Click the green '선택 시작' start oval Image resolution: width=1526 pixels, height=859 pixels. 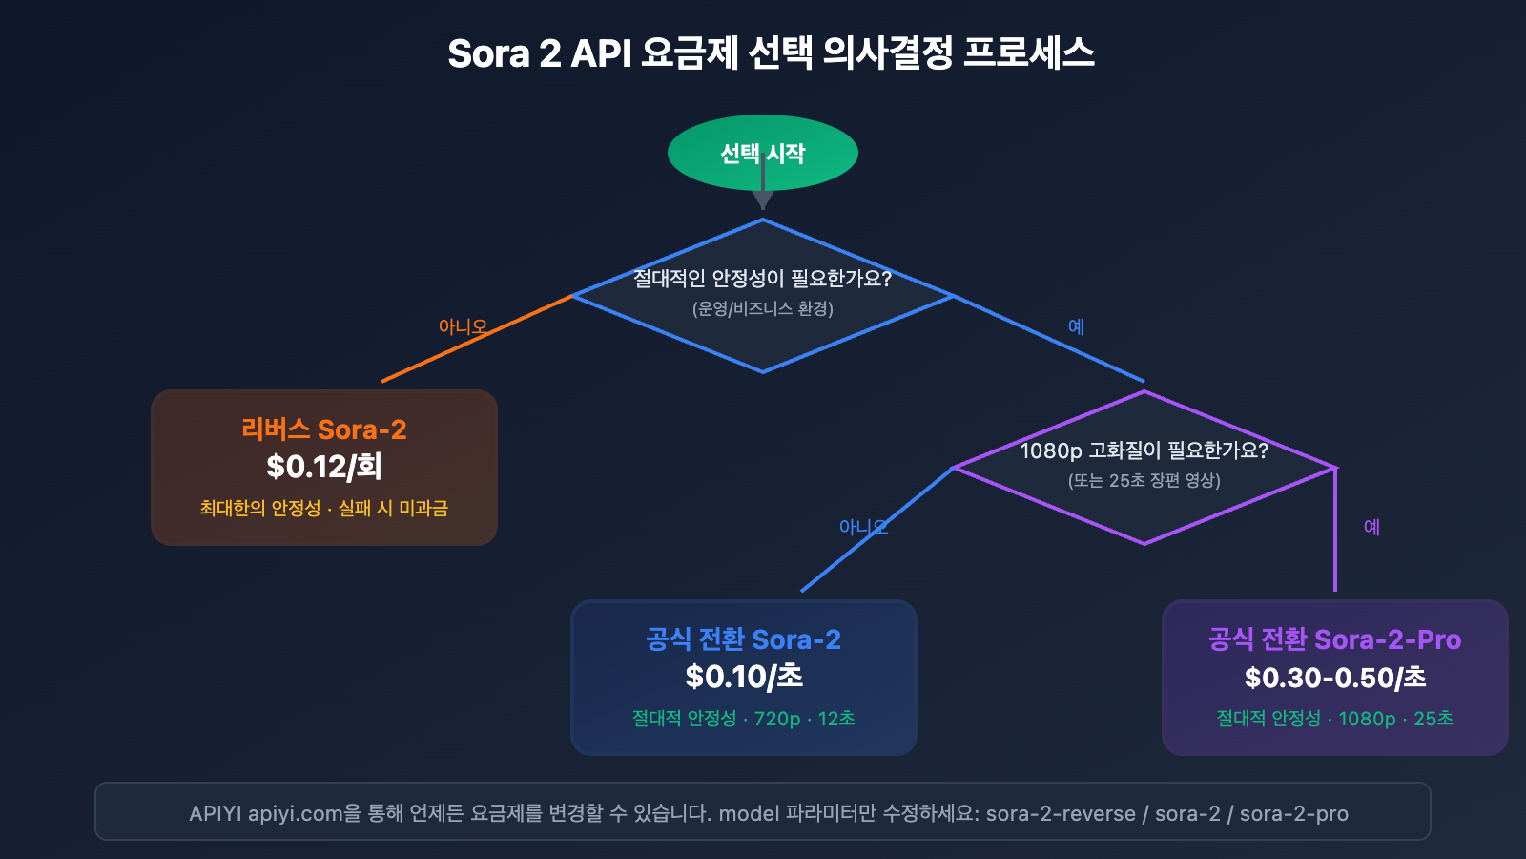tap(762, 153)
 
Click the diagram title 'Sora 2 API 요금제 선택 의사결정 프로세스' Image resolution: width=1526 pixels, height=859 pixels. tap(771, 53)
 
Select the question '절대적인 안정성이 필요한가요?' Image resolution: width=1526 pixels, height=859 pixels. tap(762, 279)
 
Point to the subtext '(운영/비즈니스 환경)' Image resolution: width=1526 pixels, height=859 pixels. tap(762, 308)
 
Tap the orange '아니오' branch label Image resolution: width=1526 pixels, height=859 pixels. tap(463, 326)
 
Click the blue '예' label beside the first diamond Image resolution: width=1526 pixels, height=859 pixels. tap(1076, 326)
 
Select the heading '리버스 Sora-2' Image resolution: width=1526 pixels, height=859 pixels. tap(323, 429)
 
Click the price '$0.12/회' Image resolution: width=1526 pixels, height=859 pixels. tap(323, 467)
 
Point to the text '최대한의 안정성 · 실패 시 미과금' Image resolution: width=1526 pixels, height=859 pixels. tap(323, 509)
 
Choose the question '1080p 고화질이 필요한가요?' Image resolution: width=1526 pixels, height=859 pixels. tap(1144, 450)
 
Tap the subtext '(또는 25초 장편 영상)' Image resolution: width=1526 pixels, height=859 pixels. tap(1144, 480)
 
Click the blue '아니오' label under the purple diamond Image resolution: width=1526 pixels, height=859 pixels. tap(863, 527)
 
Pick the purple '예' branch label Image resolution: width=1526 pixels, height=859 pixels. tap(1371, 527)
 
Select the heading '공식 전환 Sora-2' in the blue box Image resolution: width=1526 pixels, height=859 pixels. tap(743, 639)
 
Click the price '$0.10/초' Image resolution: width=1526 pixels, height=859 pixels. tap(743, 677)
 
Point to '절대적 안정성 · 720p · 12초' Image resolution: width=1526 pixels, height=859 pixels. tap(743, 719)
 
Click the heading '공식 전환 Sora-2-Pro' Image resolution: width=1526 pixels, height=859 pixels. tap(1334, 639)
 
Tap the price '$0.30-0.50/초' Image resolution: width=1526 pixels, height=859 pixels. tap(1334, 678)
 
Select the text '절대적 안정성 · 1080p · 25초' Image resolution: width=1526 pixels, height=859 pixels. tap(1334, 719)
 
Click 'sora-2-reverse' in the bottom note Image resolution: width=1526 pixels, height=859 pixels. tap(1061, 814)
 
